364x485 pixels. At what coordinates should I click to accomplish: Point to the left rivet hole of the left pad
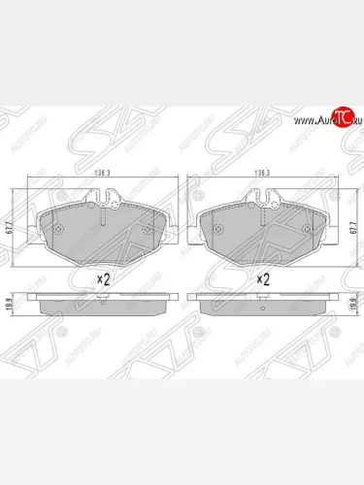click(x=58, y=230)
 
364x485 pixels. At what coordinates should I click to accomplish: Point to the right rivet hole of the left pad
click(x=147, y=230)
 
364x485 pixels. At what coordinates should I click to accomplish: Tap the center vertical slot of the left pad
click(x=102, y=238)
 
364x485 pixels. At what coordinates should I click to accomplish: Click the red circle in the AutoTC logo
click(x=341, y=119)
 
